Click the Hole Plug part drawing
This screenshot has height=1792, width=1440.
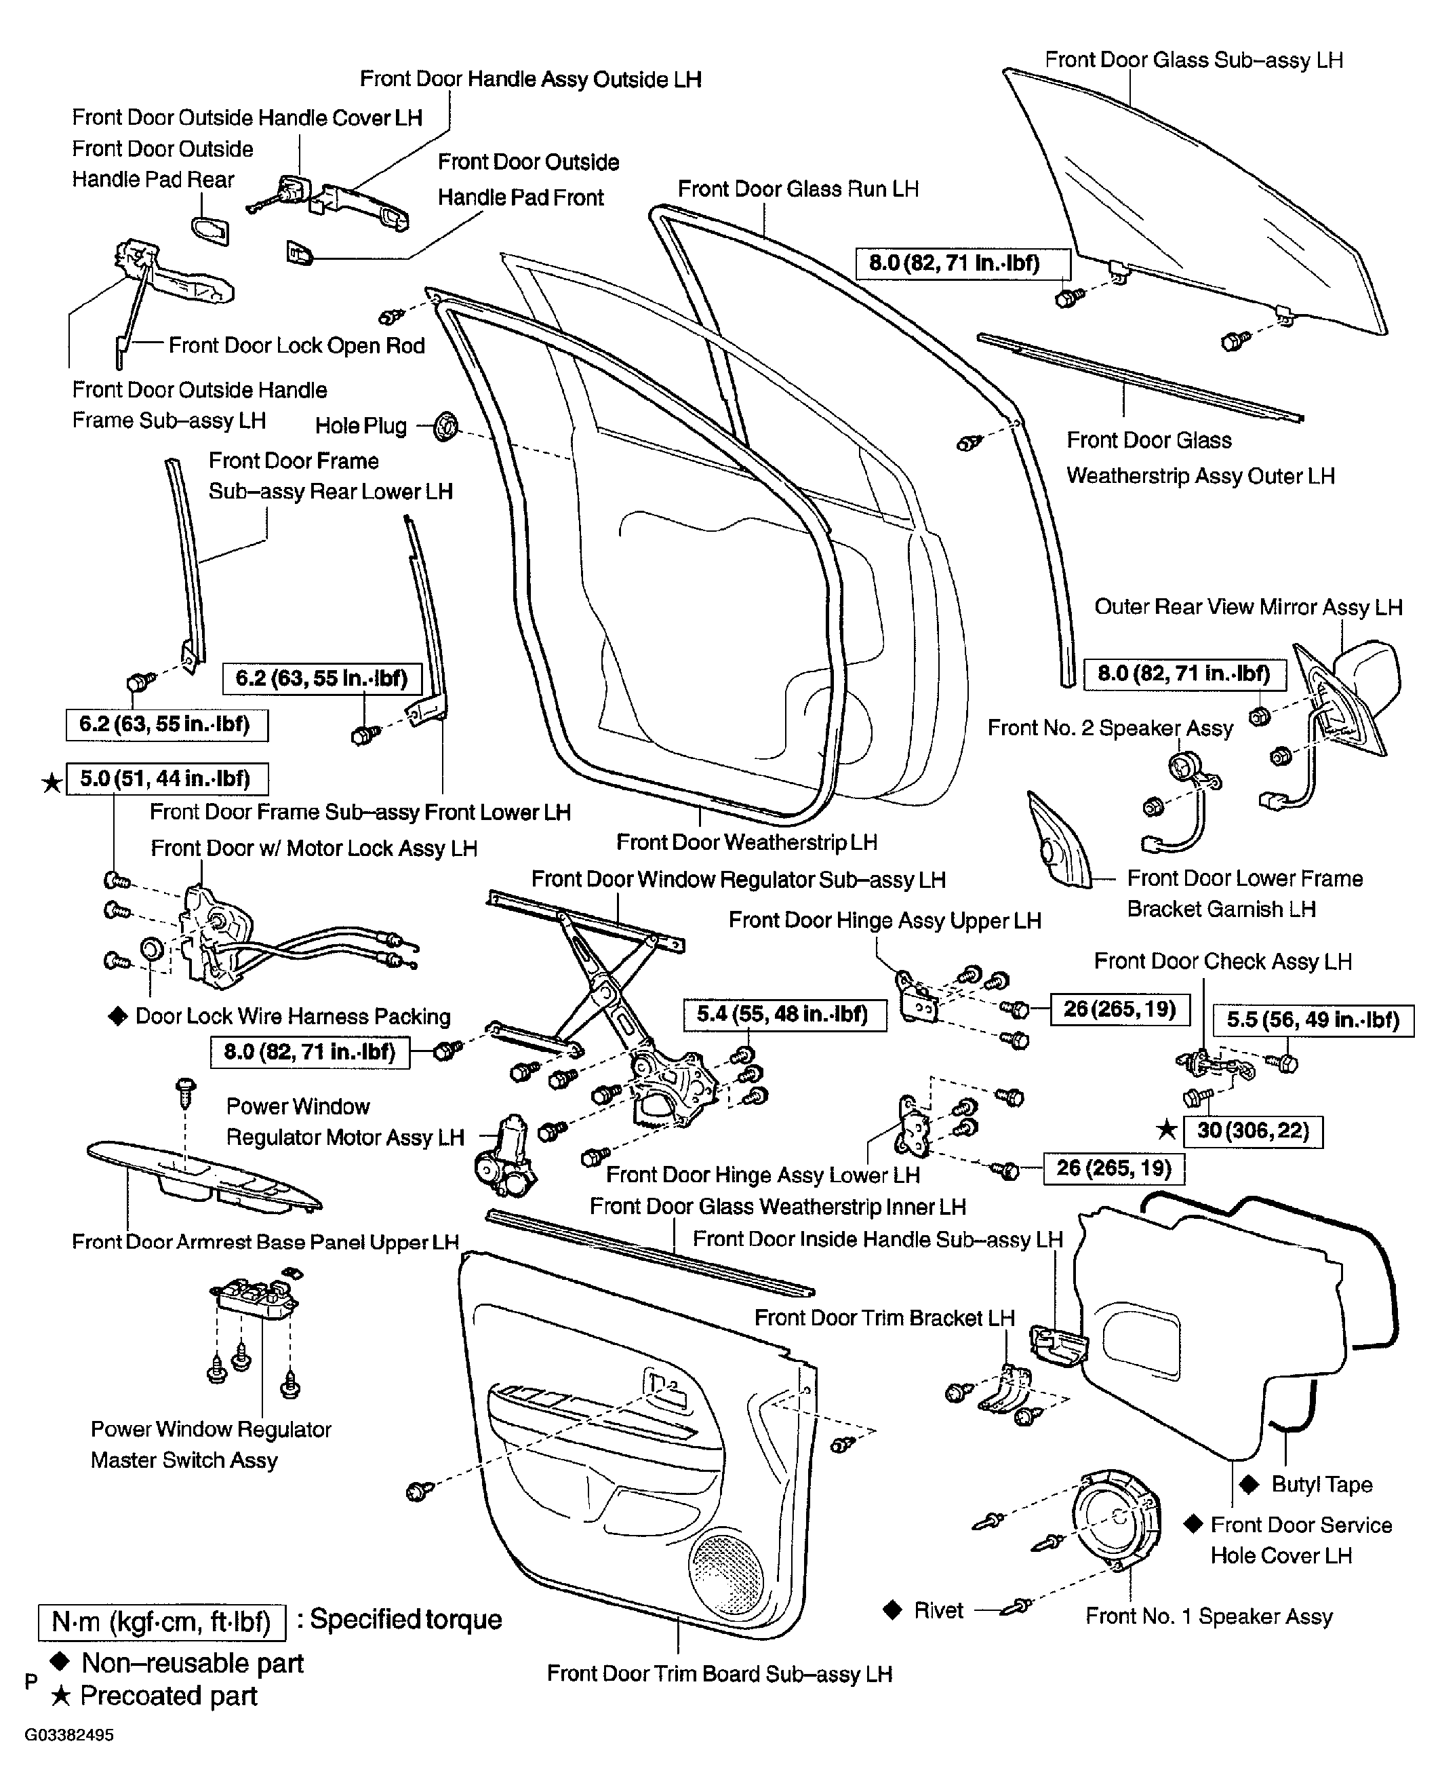coord(446,427)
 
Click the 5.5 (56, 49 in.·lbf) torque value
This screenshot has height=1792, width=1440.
coord(1314,1020)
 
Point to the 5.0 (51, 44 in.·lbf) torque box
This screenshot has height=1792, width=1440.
coord(167,779)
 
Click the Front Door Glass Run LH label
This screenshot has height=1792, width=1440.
coord(798,189)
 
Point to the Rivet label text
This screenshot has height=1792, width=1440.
coord(938,1610)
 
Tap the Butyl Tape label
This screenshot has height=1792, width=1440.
coord(1322,1485)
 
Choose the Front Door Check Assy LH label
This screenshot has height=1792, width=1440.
coord(1222,962)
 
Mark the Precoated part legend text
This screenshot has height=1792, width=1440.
coord(169,1696)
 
